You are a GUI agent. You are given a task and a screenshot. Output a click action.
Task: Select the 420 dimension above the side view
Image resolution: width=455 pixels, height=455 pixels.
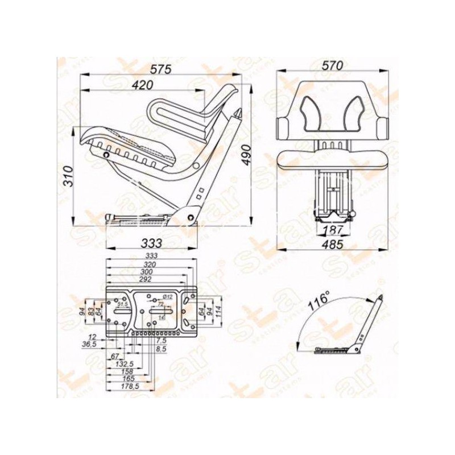[142, 85]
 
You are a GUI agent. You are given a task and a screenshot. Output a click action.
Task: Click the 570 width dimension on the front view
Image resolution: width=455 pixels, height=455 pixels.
[333, 65]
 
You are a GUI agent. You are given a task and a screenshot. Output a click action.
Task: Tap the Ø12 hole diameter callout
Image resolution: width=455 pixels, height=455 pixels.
[168, 297]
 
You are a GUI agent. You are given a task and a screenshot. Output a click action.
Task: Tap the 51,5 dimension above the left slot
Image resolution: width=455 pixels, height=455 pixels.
[122, 305]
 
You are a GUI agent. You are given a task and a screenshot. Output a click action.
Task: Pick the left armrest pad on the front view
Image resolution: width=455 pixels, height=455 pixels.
[284, 127]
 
